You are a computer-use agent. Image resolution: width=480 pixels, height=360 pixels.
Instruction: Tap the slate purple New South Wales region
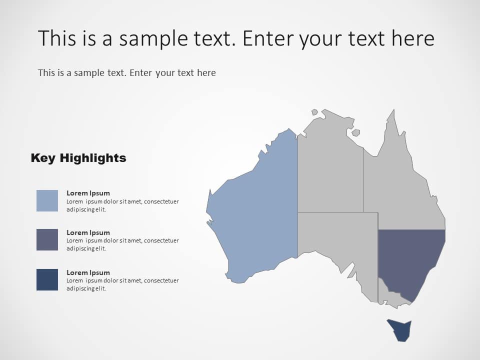[x=407, y=257]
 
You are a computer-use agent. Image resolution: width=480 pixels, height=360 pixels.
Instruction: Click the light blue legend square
[x=47, y=200]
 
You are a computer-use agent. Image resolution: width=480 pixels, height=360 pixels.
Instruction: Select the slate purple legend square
[x=47, y=240]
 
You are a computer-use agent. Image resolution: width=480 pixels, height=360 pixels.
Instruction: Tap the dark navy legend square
[x=47, y=279]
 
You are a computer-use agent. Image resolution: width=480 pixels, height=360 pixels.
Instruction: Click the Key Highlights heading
[x=78, y=158]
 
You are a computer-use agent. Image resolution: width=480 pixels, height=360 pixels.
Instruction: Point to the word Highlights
[x=93, y=158]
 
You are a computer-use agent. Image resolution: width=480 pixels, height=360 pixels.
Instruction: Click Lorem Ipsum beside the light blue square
[x=88, y=193]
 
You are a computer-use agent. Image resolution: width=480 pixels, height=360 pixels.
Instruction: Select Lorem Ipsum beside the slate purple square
[x=88, y=232]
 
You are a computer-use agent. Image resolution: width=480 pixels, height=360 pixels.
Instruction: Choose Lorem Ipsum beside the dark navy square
[x=88, y=272]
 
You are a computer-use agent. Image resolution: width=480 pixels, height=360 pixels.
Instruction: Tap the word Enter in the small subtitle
[x=141, y=73]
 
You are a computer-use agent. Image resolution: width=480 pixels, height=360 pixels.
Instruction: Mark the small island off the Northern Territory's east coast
[x=355, y=132]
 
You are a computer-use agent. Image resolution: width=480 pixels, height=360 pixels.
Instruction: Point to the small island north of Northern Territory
[x=314, y=112]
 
